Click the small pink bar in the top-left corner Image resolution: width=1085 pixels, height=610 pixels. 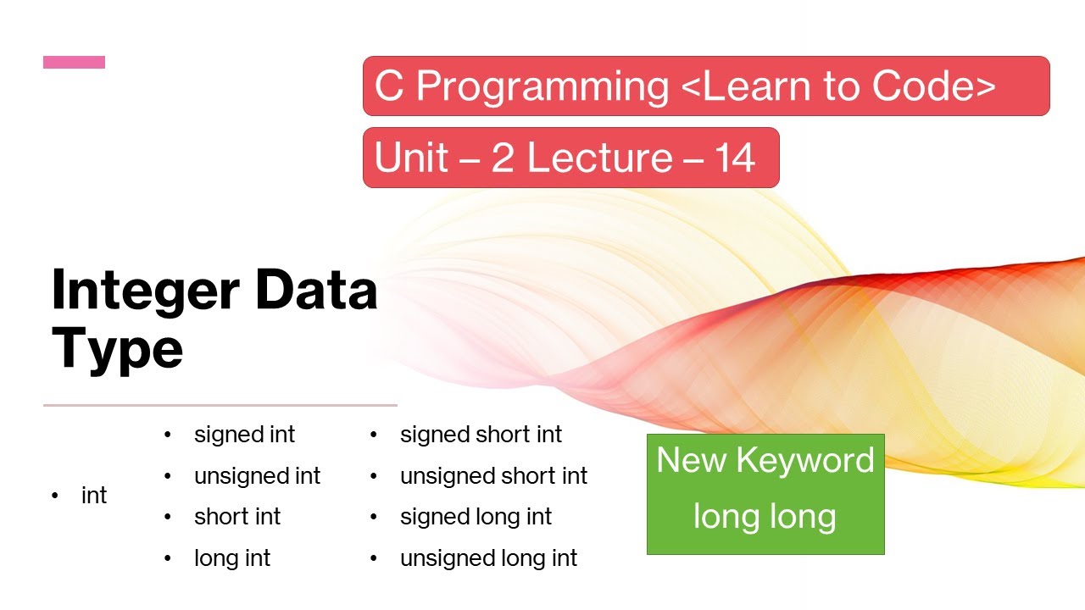[74, 62]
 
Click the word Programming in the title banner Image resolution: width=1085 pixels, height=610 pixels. [542, 86]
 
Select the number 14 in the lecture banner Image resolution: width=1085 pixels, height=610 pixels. [734, 158]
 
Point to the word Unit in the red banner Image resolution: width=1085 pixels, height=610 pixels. [411, 158]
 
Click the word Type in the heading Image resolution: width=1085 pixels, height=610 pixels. [117, 347]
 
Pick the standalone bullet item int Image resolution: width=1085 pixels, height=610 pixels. [94, 496]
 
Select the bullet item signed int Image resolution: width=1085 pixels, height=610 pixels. [244, 435]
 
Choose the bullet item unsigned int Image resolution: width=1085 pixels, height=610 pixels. [257, 476]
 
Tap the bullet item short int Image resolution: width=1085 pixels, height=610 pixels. [237, 517]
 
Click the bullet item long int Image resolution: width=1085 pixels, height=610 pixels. [232, 558]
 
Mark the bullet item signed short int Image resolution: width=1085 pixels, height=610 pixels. [481, 435]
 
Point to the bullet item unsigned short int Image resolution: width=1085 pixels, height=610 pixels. [493, 476]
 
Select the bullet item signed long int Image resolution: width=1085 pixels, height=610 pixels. [476, 517]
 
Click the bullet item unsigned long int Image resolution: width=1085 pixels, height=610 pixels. [488, 558]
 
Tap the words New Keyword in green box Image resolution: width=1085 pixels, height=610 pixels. [765, 460]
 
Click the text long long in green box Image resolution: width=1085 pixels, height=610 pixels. [765, 516]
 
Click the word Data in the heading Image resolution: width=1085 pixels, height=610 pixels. [315, 290]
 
